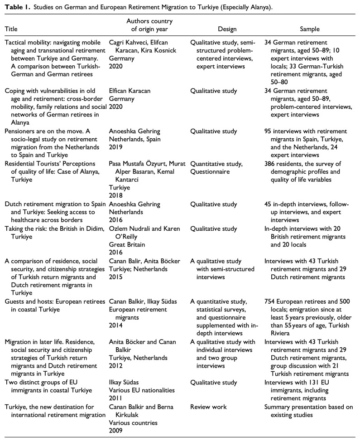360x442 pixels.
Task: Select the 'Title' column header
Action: pyautogui.click(x=11, y=29)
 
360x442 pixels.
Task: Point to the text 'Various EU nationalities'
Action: pyautogui.click(x=145, y=392)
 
